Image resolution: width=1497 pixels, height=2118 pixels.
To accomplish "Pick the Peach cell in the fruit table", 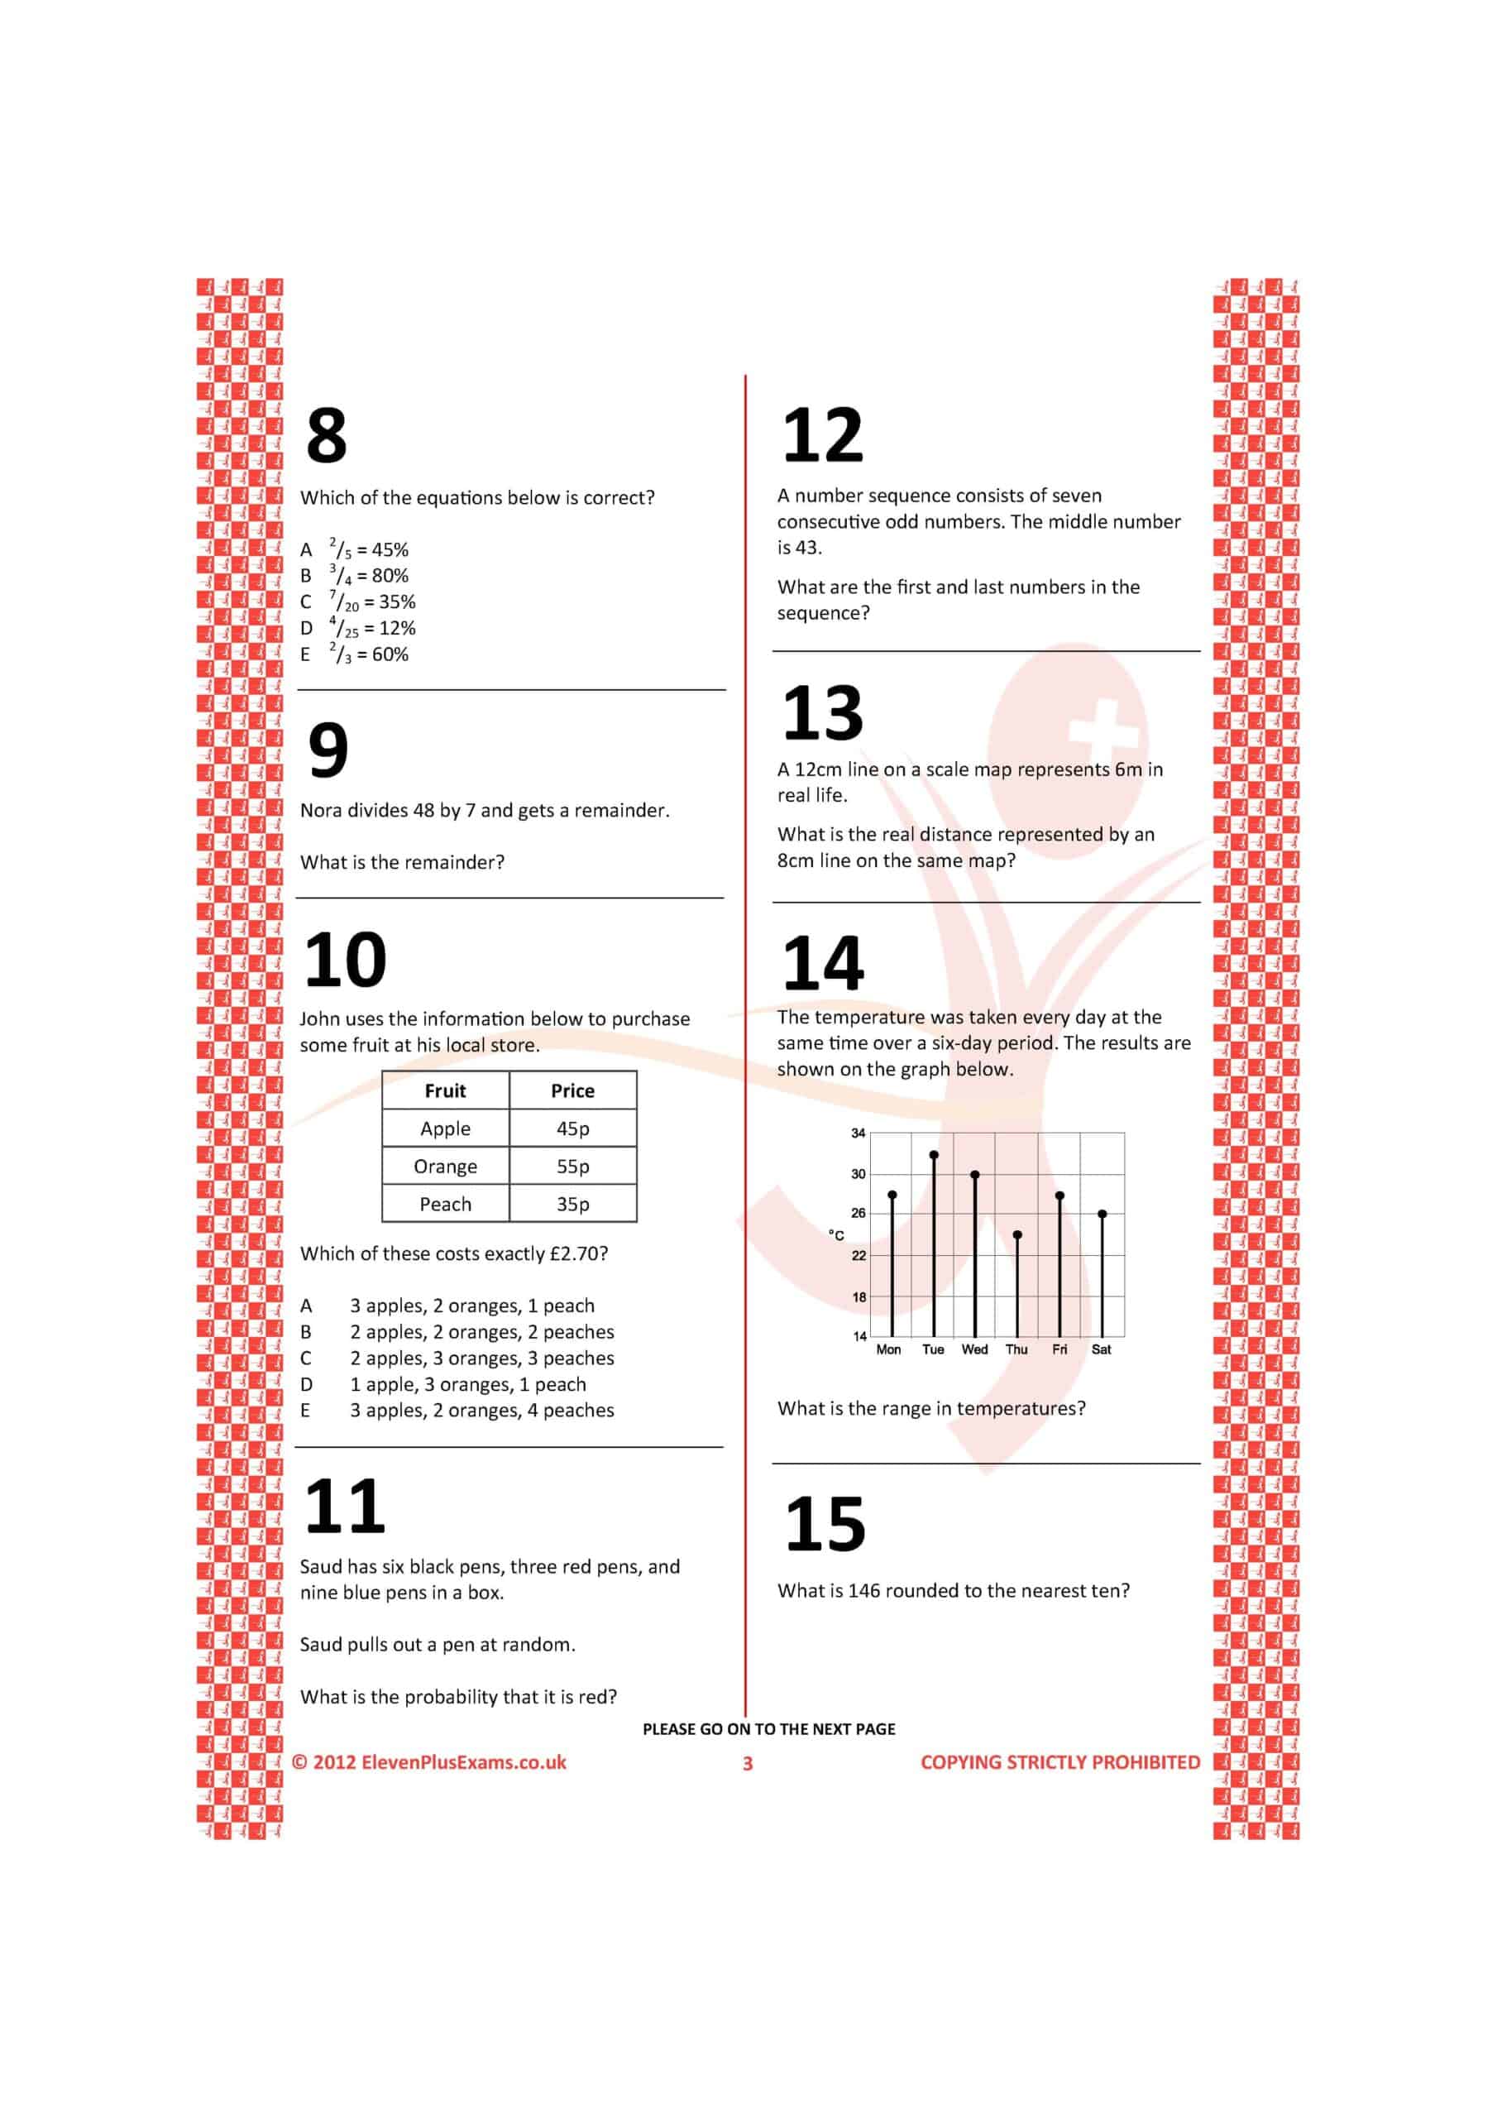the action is coord(446,1204).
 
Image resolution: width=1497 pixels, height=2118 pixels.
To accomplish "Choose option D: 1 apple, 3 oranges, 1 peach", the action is coord(466,1383).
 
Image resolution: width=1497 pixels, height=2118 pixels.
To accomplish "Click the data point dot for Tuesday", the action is coord(934,1154).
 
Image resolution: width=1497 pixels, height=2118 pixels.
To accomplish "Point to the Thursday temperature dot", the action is coord(1017,1234).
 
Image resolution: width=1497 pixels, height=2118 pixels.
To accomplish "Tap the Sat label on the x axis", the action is coord(1102,1349).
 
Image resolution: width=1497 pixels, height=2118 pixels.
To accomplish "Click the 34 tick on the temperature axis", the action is coord(858,1133).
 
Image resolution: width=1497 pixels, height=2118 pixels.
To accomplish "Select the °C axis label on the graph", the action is coord(835,1235).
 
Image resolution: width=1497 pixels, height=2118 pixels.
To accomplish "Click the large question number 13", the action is coord(822,712).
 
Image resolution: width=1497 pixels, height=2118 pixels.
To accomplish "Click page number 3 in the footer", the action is coord(748,1763).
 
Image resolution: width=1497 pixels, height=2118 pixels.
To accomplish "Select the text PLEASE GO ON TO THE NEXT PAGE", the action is coord(768,1728).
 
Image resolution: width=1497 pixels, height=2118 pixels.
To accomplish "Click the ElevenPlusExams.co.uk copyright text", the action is coord(429,1762).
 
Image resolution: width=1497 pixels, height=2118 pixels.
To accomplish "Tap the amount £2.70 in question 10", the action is coord(578,1253).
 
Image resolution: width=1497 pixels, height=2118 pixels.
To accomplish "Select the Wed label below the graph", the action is coord(974,1349).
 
